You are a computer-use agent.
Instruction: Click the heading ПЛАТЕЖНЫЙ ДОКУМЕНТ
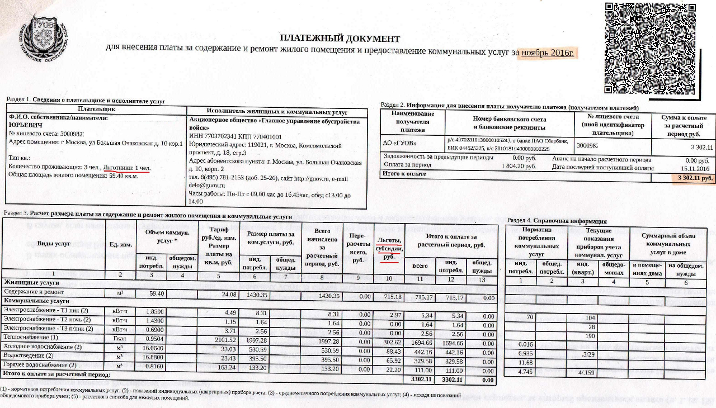(340, 39)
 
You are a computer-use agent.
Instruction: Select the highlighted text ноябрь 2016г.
(548, 53)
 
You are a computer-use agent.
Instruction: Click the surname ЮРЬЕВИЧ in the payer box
(26, 126)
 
